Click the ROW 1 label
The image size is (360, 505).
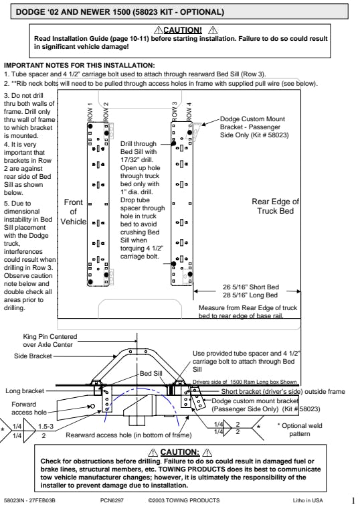[90, 112]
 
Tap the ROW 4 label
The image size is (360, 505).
[189, 112]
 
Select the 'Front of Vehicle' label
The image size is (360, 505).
[74, 212]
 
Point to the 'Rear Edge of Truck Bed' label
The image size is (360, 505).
[276, 206]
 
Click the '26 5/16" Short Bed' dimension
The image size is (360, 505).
[251, 287]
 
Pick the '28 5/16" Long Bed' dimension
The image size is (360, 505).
[250, 295]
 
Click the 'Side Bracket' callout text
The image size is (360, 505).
[33, 356]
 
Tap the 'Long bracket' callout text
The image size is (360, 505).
[25, 391]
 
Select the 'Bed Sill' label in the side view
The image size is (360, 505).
[151, 374]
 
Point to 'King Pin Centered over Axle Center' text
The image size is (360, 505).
[50, 340]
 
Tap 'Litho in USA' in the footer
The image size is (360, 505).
[308, 500]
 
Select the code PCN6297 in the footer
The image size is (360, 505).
[112, 500]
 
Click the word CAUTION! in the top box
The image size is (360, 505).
[183, 30]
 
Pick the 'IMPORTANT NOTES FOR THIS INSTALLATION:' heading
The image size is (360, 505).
[79, 66]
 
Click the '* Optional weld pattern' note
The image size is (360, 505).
[299, 429]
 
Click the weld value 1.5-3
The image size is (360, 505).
[46, 427]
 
